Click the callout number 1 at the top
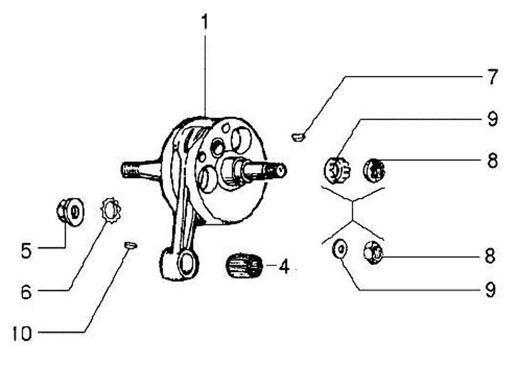[x=205, y=22]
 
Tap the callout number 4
[x=284, y=268]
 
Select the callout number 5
[x=27, y=250]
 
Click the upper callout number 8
[x=492, y=160]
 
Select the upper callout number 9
[x=492, y=119]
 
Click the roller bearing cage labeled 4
[x=242, y=267]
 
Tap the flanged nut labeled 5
[x=68, y=212]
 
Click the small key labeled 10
[x=130, y=246]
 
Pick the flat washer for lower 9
[x=339, y=250]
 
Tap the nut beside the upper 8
[x=376, y=170]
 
